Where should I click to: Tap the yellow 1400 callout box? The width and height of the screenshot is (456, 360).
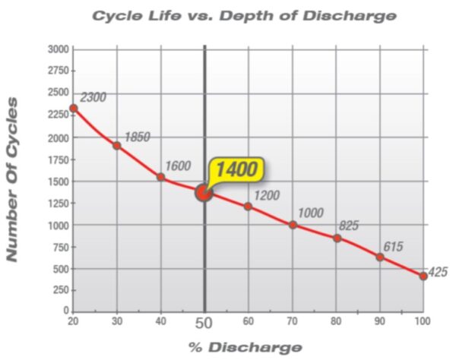click(x=238, y=169)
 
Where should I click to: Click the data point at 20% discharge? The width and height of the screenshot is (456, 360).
click(x=74, y=108)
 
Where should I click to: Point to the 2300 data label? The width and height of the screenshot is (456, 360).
click(x=93, y=97)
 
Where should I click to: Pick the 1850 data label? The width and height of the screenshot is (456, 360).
click(x=137, y=137)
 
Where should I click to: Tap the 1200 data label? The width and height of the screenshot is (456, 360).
click(x=268, y=195)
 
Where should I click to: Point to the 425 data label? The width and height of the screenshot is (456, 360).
click(x=439, y=272)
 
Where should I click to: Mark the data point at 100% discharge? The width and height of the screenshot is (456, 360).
click(x=423, y=276)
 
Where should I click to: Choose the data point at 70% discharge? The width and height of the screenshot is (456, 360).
click(x=293, y=224)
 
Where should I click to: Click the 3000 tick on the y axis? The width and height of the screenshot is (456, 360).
click(x=59, y=49)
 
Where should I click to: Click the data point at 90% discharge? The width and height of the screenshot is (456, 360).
click(x=380, y=257)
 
